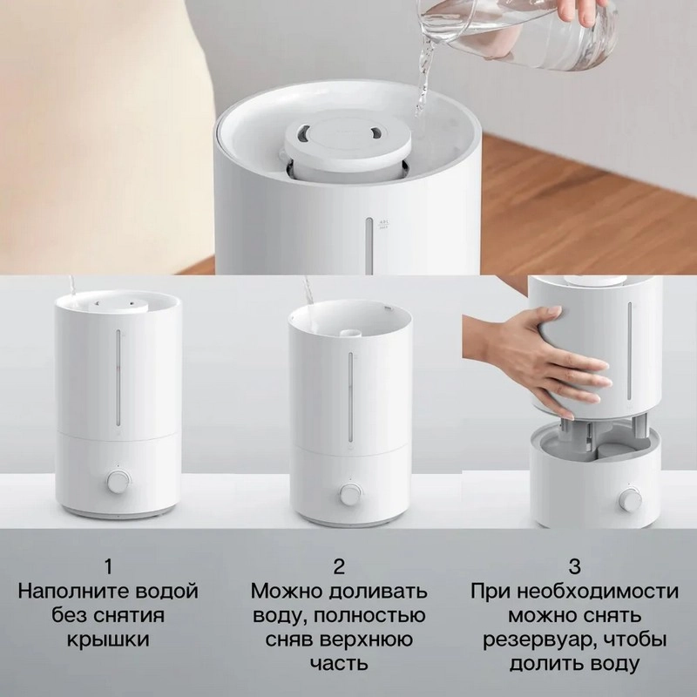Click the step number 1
[108, 567]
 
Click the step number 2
[339, 567]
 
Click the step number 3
[574, 567]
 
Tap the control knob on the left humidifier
[118, 482]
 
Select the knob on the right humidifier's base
[630, 498]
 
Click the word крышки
[108, 639]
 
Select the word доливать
[378, 592]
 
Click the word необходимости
[598, 592]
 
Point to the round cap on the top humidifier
[347, 141]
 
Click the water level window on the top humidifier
[369, 246]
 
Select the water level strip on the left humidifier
[118, 377]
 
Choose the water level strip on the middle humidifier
[350, 398]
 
